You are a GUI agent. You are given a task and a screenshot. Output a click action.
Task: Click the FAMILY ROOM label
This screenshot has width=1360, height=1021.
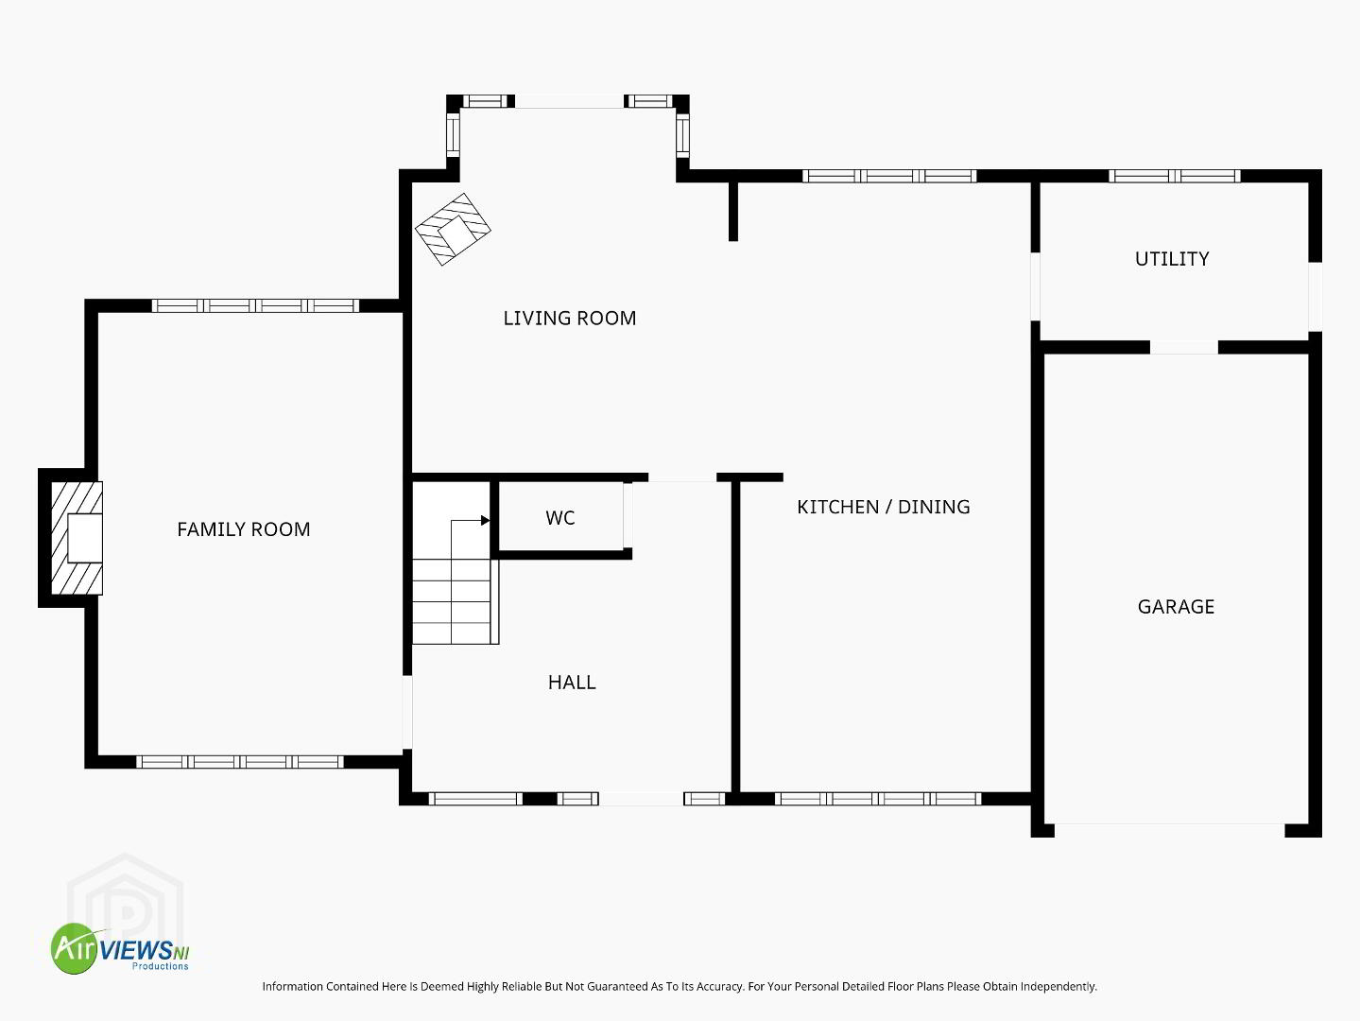(x=244, y=529)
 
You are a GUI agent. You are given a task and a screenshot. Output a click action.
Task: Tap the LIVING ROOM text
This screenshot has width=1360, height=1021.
(x=569, y=318)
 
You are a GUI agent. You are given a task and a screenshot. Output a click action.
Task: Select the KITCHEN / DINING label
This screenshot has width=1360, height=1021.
(x=884, y=507)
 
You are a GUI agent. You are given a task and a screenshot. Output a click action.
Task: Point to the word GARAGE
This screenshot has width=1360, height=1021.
(x=1176, y=607)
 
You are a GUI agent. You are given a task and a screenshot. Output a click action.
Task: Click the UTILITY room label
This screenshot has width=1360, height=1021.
(x=1172, y=258)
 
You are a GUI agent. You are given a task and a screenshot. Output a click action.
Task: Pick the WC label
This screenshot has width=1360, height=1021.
(x=560, y=517)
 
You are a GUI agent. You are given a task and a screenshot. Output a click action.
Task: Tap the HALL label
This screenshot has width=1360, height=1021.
(x=572, y=683)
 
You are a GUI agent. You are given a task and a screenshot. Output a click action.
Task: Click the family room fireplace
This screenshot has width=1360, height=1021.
(x=77, y=538)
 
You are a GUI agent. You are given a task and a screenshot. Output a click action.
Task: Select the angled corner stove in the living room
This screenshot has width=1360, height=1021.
(x=453, y=229)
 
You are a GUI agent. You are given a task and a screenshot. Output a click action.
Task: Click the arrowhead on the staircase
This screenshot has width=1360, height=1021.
(x=485, y=520)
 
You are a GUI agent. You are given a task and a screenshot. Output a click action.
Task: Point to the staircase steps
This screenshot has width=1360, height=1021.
(x=456, y=601)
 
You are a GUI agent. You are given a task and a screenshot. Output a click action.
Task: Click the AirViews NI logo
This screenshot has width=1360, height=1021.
(x=120, y=948)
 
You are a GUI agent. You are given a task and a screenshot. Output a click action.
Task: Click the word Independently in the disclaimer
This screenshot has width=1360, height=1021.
(x=1059, y=986)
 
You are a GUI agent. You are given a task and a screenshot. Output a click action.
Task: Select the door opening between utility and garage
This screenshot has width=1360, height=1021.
(x=1184, y=347)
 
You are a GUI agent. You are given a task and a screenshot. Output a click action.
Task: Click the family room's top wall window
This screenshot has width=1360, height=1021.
(x=255, y=305)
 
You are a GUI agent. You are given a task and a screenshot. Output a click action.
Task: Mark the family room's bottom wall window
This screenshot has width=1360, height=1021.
(x=240, y=762)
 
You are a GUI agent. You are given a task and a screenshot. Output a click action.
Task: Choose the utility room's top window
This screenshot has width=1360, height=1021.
(x=1174, y=176)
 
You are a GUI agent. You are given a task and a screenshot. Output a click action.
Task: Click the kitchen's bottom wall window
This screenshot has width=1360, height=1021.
(x=878, y=799)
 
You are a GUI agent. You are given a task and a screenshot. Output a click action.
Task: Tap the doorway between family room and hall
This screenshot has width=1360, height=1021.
(x=407, y=712)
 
